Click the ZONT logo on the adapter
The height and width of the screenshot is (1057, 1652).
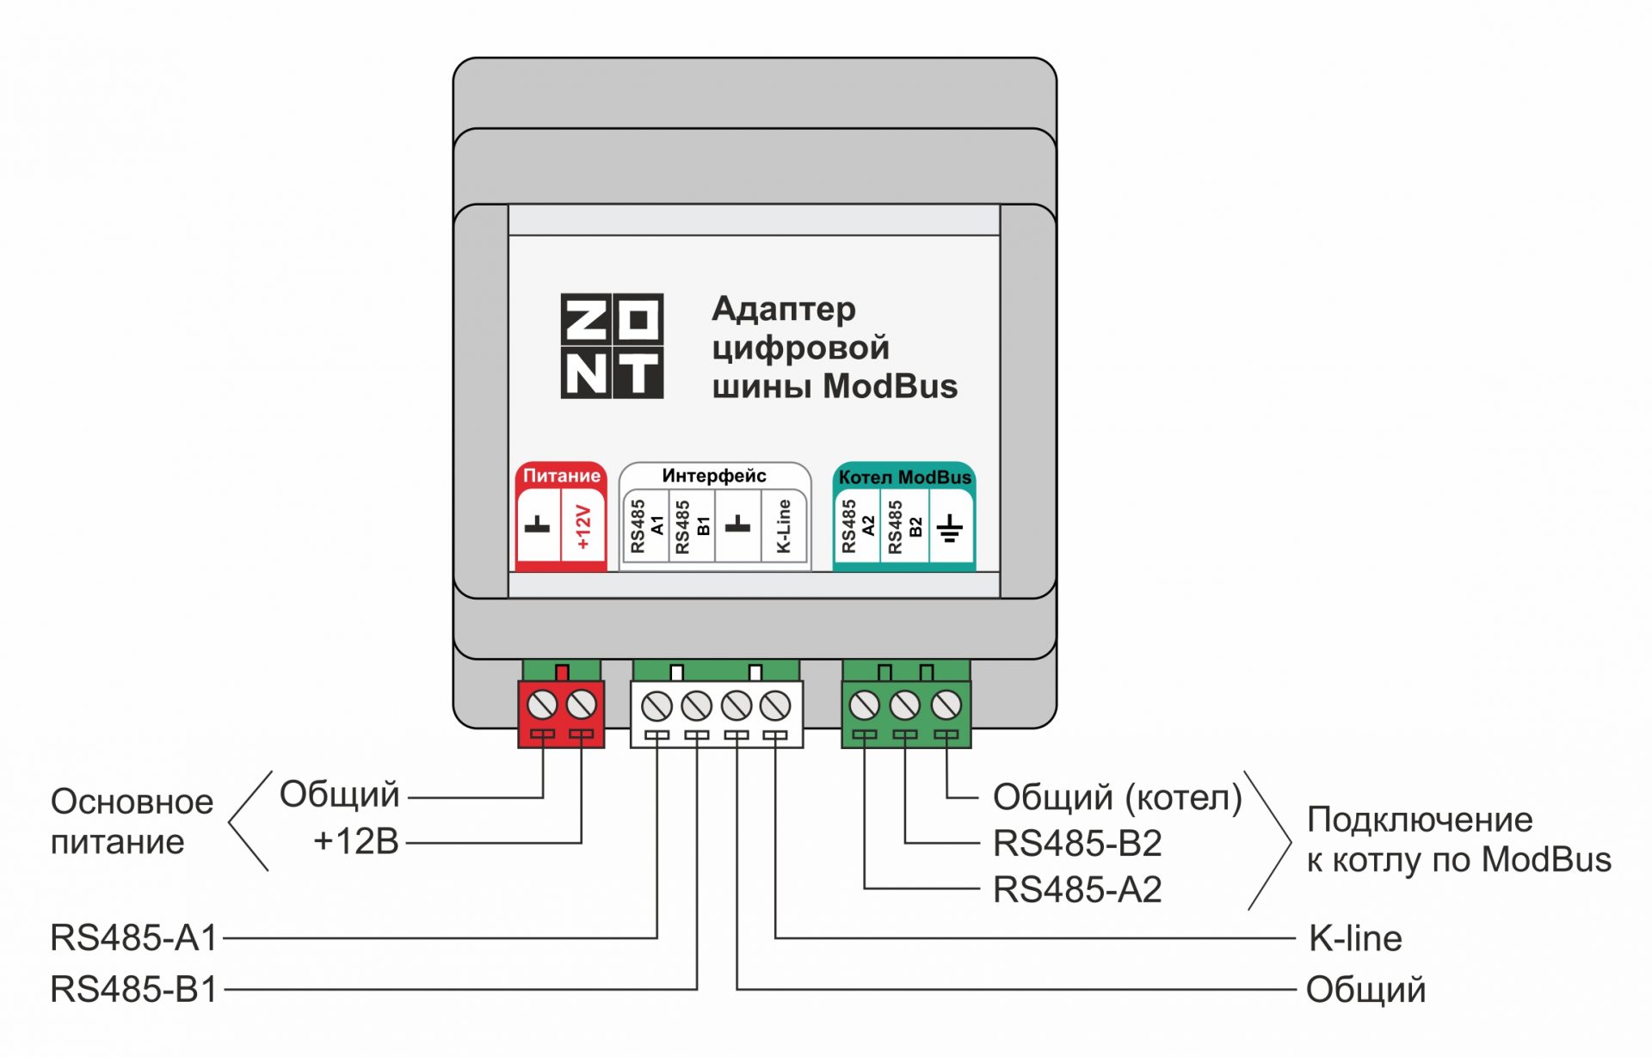(x=612, y=346)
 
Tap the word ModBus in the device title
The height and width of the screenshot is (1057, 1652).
(x=890, y=386)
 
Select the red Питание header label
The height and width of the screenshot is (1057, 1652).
(x=561, y=476)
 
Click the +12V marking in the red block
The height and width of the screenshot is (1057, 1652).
(x=583, y=527)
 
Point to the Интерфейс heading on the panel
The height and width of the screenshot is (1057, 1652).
(x=713, y=476)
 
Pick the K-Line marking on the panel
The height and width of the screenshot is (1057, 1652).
(x=783, y=526)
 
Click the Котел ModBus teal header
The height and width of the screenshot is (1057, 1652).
(x=904, y=477)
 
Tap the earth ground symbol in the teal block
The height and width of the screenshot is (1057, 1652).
(x=950, y=528)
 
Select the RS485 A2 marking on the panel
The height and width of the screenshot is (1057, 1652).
(x=857, y=526)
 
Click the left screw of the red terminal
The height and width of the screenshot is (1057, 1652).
(x=541, y=705)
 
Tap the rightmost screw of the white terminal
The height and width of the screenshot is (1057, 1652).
(x=775, y=706)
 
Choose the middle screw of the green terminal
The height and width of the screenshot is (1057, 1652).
(x=904, y=706)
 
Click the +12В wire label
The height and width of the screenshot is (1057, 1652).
(x=356, y=841)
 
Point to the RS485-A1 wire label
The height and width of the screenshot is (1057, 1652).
(x=134, y=937)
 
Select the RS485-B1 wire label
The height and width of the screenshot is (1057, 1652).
(x=134, y=989)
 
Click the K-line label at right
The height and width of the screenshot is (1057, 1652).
(x=1355, y=938)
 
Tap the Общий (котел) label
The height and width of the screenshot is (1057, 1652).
(x=1117, y=797)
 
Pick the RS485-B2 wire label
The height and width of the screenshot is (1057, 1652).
(x=1077, y=844)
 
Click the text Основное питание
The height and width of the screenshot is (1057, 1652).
(x=131, y=821)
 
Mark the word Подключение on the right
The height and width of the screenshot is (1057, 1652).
(x=1420, y=820)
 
